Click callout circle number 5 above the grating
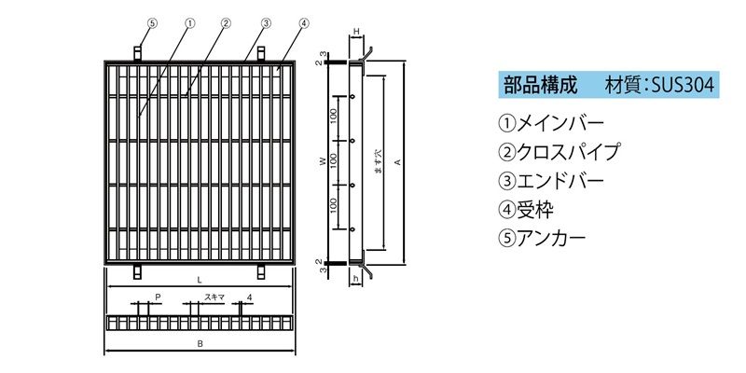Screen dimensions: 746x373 (152, 22)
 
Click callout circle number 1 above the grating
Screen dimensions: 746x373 (190, 22)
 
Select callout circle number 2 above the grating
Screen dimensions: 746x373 (226, 22)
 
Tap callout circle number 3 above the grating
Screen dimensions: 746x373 (266, 22)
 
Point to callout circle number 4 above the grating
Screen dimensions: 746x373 (304, 22)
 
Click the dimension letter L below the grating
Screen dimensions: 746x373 (199, 281)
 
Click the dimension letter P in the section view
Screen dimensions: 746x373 (158, 297)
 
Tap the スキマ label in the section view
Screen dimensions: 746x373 (214, 297)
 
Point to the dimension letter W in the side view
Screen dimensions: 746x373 (323, 161)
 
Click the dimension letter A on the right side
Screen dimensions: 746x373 (398, 162)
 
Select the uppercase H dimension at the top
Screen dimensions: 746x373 (356, 31)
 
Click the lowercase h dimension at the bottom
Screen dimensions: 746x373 (355, 280)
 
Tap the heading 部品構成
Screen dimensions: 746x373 (541, 85)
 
